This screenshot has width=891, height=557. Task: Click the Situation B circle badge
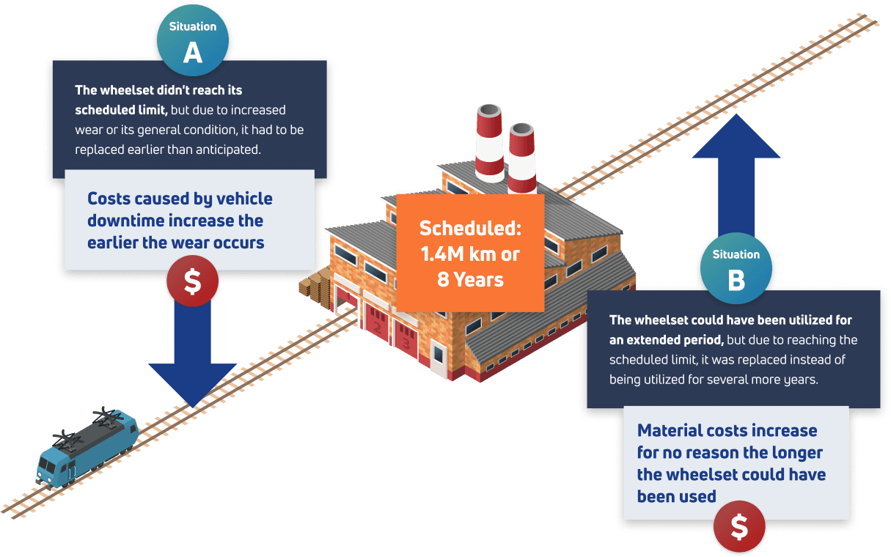tap(736, 269)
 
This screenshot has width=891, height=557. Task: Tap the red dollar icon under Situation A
tap(192, 281)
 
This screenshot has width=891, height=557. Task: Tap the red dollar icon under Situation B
tap(739, 526)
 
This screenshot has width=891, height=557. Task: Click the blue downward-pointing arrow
tap(192, 352)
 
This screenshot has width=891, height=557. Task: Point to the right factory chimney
tap(521, 158)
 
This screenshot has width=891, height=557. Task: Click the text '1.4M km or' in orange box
tap(470, 254)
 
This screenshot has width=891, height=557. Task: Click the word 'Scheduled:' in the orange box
tap(470, 228)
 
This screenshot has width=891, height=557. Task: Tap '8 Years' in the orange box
tap(470, 280)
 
